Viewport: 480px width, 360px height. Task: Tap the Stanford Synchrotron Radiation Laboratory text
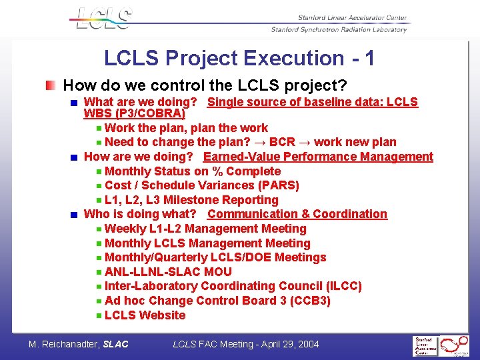(339, 29)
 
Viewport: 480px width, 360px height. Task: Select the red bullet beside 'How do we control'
(51, 86)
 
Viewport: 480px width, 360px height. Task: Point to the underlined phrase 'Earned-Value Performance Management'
(318, 157)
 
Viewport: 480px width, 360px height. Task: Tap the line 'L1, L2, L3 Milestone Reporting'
(191, 200)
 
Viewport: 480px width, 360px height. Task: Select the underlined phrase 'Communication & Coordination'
(297, 214)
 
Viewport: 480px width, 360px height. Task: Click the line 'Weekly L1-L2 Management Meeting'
(205, 229)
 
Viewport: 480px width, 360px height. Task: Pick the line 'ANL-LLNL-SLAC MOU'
(168, 272)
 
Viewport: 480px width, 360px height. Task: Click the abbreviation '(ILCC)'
(341, 286)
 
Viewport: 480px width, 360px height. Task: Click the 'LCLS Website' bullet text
(145, 315)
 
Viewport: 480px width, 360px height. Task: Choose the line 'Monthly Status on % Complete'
(193, 171)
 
